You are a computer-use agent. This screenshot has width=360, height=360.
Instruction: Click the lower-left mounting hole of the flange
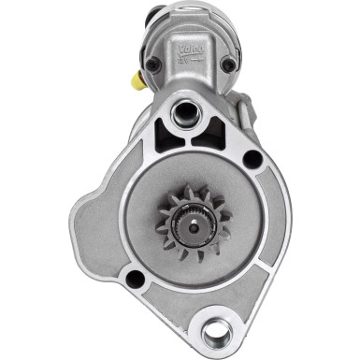[x=137, y=279]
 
